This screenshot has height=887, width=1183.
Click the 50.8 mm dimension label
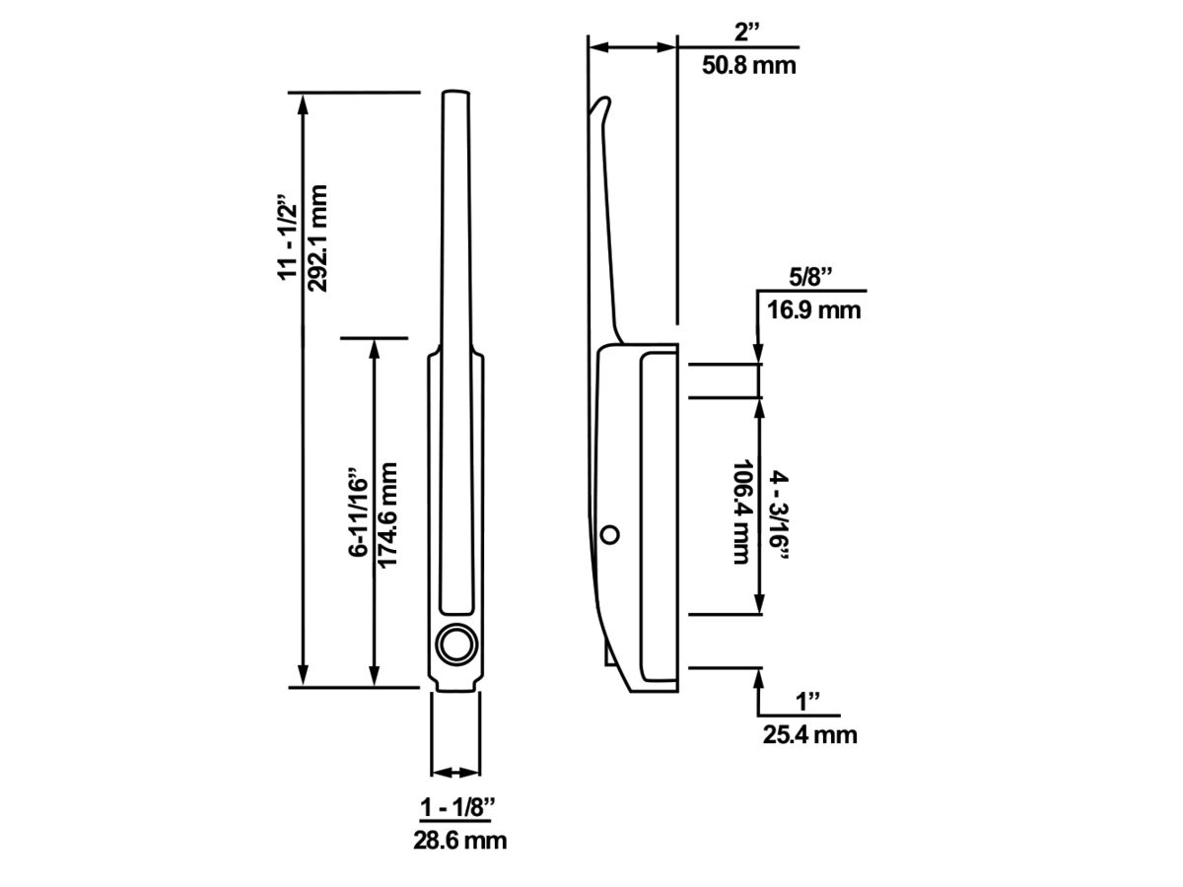click(748, 65)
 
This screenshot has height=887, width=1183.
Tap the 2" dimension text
click(746, 33)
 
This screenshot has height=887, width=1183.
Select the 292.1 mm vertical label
click(317, 239)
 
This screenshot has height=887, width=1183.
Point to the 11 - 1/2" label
click(287, 236)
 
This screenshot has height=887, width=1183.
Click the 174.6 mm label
click(387, 514)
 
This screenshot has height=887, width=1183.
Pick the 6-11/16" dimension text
click(359, 512)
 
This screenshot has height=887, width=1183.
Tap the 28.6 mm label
click(459, 841)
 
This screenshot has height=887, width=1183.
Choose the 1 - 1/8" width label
click(457, 808)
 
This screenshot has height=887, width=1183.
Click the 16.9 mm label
click(814, 310)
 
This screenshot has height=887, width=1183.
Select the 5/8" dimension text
click(810, 278)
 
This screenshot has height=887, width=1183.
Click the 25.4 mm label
click(809, 735)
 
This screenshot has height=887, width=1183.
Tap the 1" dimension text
click(807, 702)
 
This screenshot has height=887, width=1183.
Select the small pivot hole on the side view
click(609, 535)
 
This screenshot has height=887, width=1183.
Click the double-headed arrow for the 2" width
click(632, 48)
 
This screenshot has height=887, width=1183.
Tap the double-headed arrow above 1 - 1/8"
click(455, 773)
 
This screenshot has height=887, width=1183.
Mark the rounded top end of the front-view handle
click(455, 93)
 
